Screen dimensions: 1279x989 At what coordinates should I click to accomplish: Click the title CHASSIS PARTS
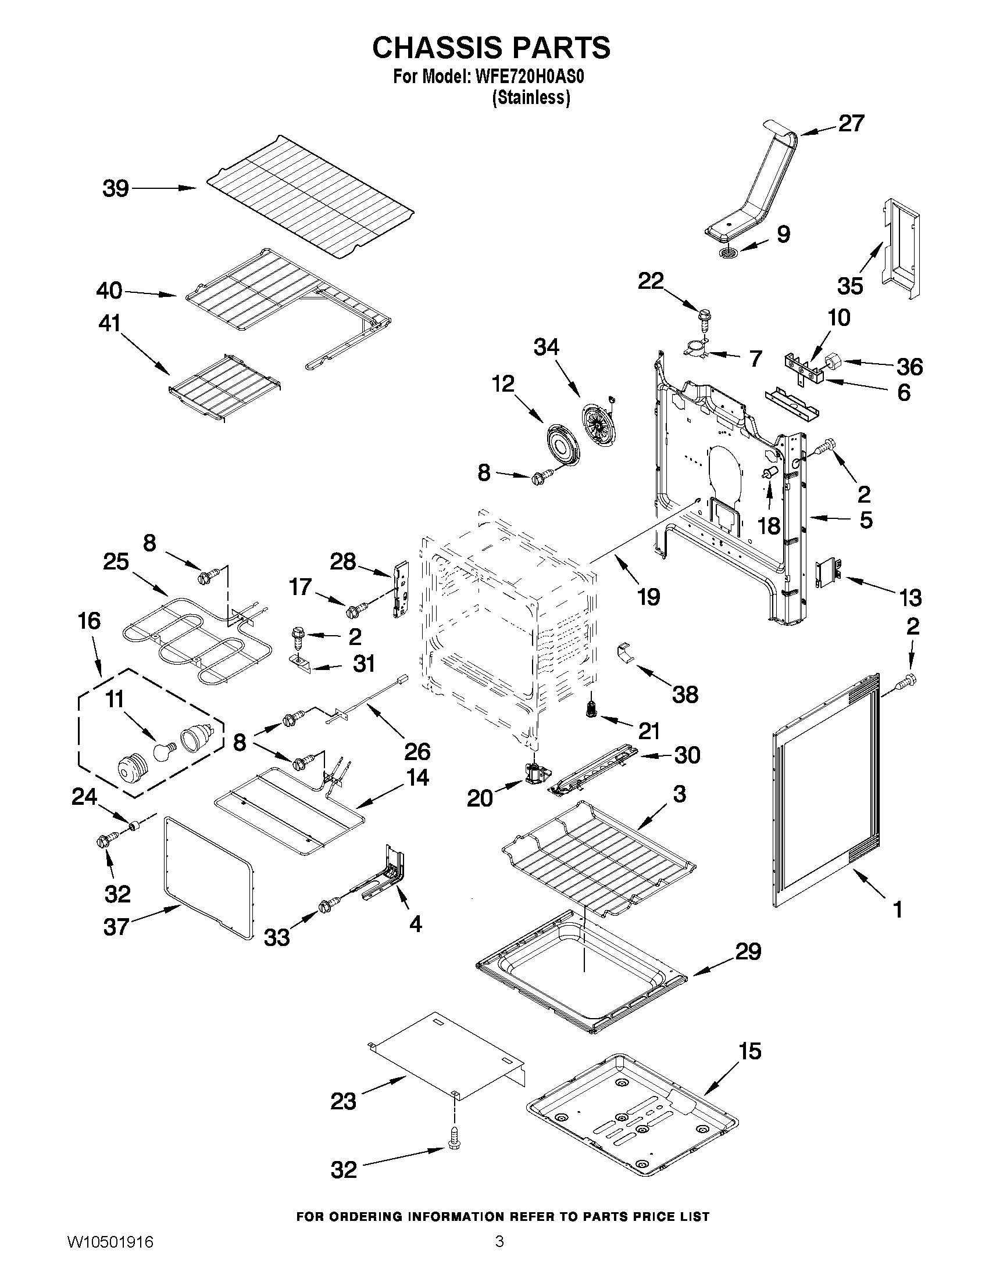491,48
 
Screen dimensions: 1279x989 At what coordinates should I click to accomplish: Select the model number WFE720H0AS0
526,78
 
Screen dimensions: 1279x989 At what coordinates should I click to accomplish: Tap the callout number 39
116,189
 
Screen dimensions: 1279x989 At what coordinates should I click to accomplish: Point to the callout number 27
851,124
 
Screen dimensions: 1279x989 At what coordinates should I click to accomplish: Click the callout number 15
749,1051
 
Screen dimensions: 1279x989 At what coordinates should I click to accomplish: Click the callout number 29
748,952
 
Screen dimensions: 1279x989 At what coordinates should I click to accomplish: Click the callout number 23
344,1102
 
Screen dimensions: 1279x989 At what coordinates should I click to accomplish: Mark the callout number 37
116,926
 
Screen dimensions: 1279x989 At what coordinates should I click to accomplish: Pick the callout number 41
109,323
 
